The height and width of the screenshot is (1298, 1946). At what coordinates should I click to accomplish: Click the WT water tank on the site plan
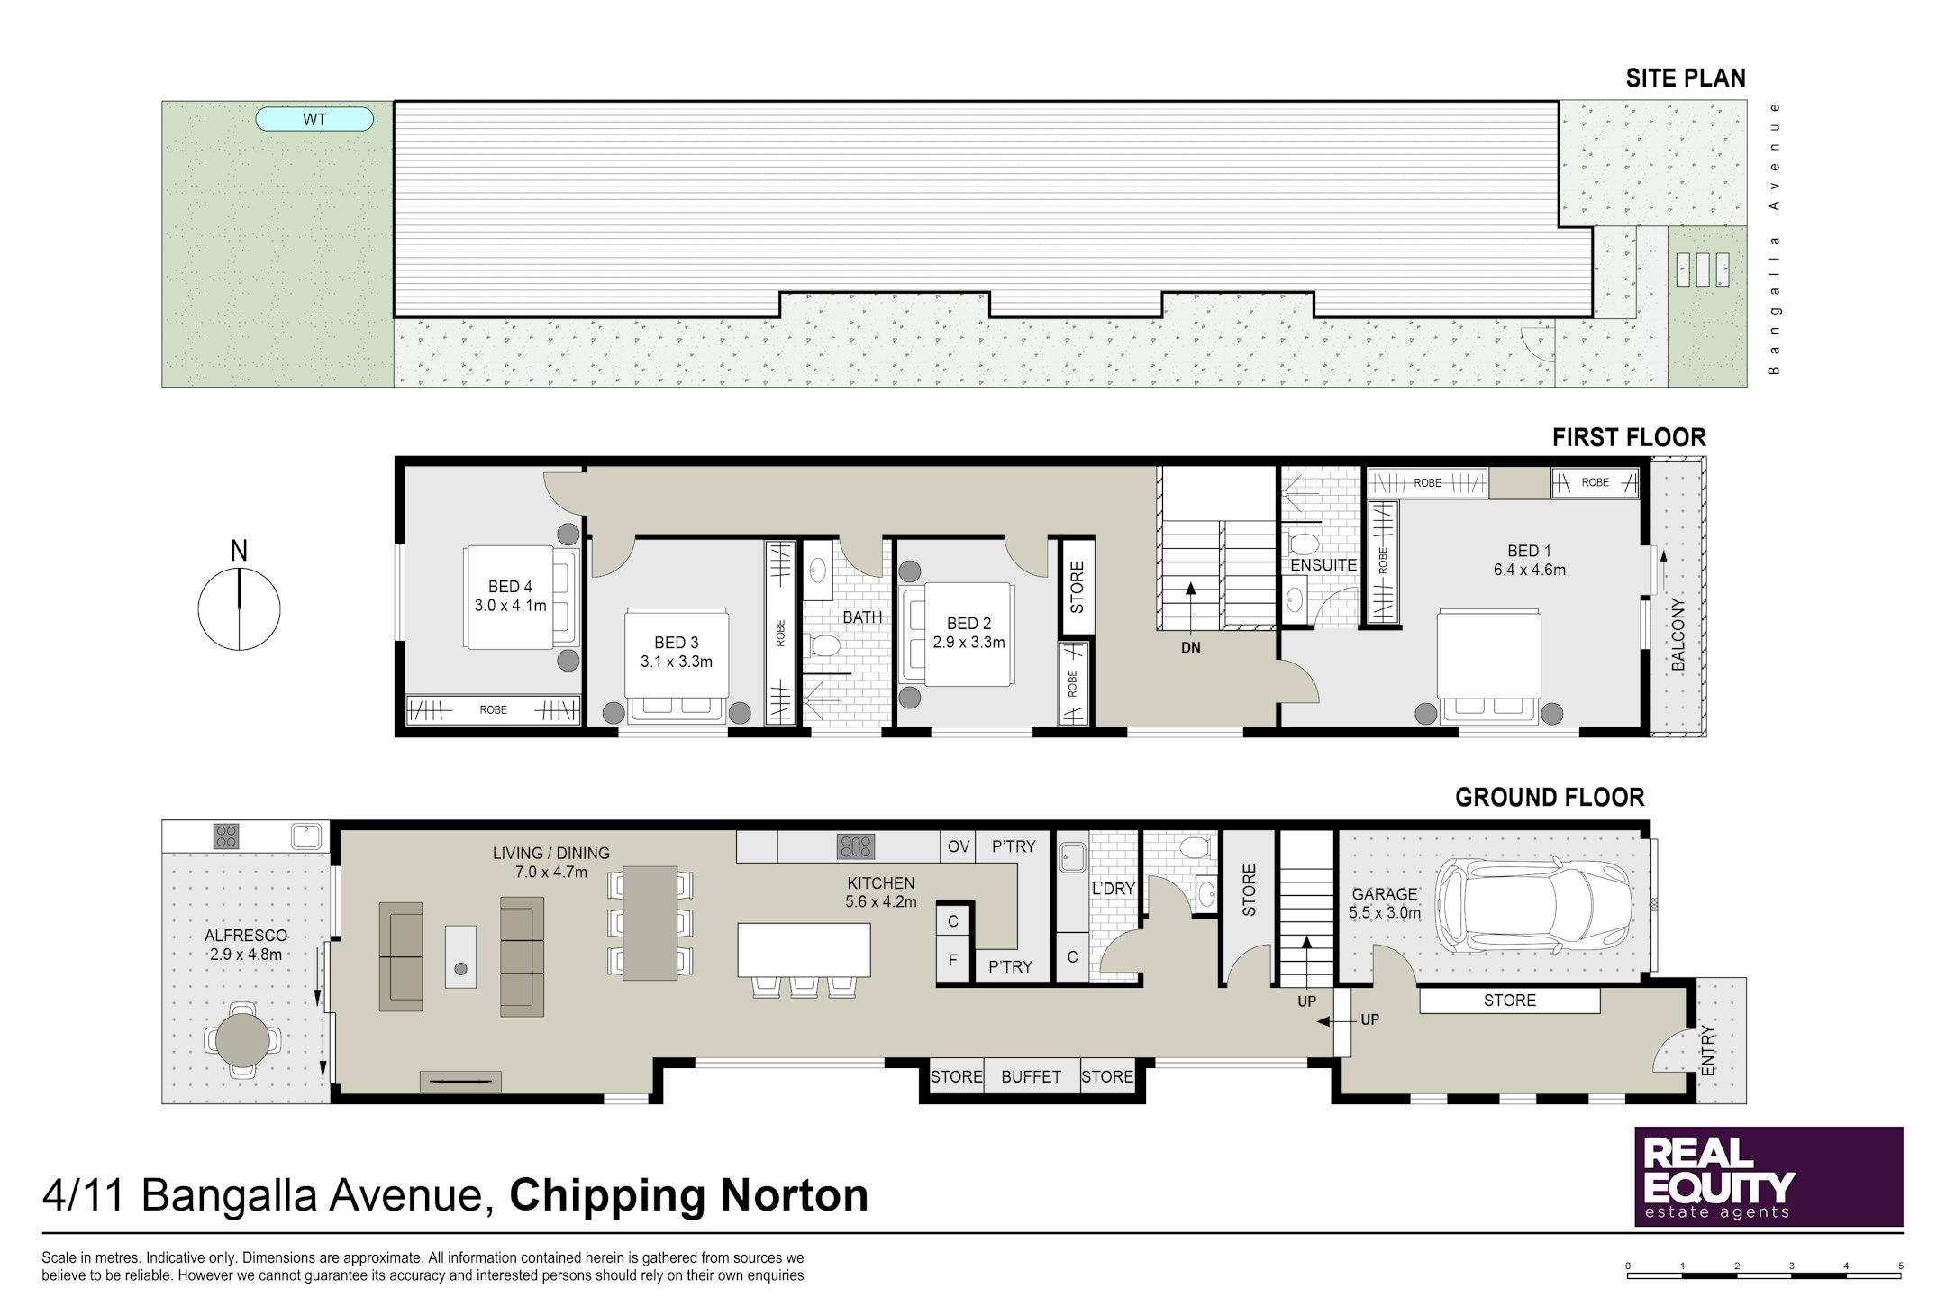[x=314, y=119]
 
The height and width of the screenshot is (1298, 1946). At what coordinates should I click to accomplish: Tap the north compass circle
[x=239, y=609]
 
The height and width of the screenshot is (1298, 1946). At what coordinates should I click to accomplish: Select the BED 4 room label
[x=510, y=587]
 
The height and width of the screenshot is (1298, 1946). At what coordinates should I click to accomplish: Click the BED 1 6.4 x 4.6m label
[x=1529, y=560]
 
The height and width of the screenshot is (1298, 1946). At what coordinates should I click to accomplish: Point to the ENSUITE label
[x=1323, y=565]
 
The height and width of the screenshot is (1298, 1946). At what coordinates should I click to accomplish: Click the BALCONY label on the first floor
[x=1678, y=634]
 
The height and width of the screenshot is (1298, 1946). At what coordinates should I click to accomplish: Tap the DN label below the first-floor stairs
[x=1190, y=647]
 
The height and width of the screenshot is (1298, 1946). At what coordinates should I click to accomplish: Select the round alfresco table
[x=242, y=1039]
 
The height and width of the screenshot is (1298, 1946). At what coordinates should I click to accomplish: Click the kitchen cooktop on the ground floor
[x=855, y=846]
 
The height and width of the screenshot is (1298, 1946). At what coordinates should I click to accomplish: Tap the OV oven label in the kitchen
[x=958, y=846]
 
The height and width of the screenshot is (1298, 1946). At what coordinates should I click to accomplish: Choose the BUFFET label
[x=1031, y=1076]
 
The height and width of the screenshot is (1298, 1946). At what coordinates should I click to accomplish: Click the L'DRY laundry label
[x=1114, y=889]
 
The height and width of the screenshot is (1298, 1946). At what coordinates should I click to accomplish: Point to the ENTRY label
[x=1708, y=1051]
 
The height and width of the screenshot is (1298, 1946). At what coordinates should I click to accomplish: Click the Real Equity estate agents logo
[x=1769, y=1176]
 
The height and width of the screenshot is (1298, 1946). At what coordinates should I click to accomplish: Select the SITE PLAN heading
[x=1686, y=78]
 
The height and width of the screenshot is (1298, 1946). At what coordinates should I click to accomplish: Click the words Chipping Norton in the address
[x=689, y=1196]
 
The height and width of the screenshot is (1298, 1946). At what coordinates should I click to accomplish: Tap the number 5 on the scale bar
[x=1901, y=1266]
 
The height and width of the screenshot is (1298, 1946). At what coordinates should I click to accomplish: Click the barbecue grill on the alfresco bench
[x=226, y=836]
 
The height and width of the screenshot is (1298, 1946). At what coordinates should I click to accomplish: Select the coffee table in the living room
[x=460, y=956]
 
